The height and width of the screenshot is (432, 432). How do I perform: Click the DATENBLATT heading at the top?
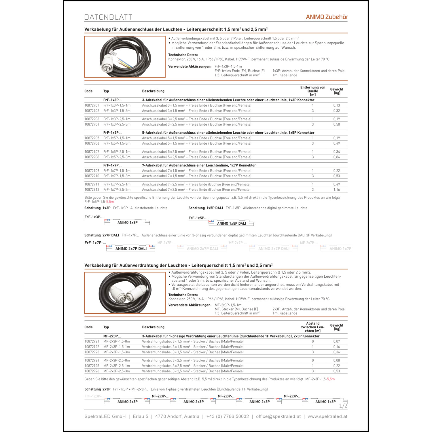click(108, 17)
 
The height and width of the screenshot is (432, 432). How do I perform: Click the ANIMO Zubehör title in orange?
click(327, 17)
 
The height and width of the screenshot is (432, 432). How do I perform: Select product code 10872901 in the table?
click(92, 105)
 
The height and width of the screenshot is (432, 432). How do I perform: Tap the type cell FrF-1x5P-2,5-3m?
click(117, 157)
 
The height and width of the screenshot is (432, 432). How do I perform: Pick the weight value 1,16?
click(336, 190)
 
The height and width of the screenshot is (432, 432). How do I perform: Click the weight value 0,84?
click(336, 157)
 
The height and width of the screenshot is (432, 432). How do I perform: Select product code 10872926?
click(92, 371)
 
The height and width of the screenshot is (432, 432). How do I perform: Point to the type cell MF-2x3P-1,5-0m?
click(117, 342)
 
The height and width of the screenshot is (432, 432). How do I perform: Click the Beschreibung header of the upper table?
click(153, 91)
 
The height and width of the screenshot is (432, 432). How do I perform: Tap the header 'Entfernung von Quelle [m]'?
click(312, 91)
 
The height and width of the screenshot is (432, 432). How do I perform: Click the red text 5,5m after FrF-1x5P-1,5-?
click(110, 202)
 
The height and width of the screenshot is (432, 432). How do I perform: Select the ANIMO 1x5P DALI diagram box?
click(231, 223)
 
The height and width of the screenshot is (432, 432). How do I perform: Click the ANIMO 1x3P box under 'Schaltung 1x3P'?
click(127, 223)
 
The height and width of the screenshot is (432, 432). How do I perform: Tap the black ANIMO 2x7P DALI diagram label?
click(131, 249)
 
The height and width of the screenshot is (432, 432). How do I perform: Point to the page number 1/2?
click(343, 406)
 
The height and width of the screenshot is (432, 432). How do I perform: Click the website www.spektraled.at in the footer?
click(327, 416)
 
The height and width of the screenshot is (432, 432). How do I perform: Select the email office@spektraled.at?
click(278, 416)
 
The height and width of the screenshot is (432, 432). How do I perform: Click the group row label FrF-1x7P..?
click(112, 165)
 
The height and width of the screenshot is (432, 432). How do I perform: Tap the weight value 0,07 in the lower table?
click(336, 342)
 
